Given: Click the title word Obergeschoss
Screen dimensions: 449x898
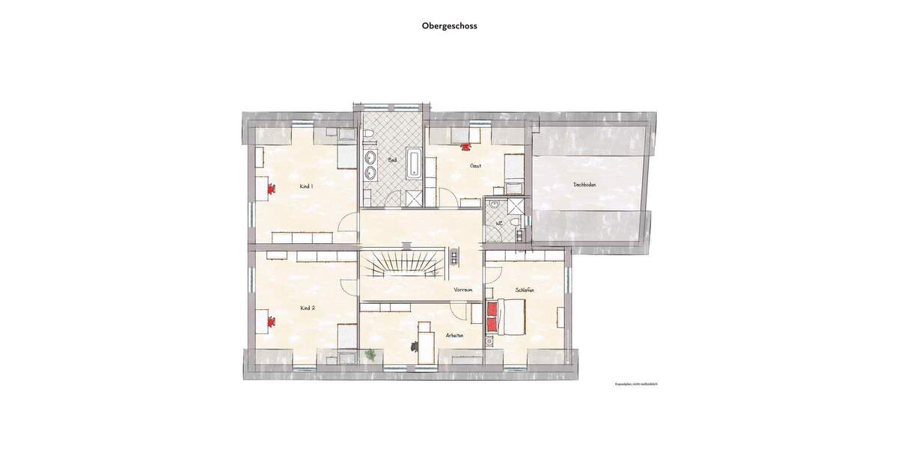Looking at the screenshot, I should pyautogui.click(x=449, y=25).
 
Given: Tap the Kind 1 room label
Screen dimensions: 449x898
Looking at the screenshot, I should pyautogui.click(x=305, y=186).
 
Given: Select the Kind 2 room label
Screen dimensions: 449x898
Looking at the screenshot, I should pyautogui.click(x=307, y=308).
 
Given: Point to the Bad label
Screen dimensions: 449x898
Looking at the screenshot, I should pyautogui.click(x=392, y=160).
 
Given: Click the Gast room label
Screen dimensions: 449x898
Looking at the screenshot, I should pyautogui.click(x=475, y=166).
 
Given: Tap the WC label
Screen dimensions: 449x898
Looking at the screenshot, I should pyautogui.click(x=498, y=222).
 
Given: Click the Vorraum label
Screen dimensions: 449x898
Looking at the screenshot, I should pyautogui.click(x=463, y=290).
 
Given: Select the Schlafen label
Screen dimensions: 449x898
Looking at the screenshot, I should pyautogui.click(x=525, y=290).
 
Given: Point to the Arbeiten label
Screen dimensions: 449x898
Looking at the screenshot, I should pyautogui.click(x=454, y=336).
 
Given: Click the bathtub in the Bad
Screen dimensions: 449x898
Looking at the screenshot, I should pyautogui.click(x=414, y=162).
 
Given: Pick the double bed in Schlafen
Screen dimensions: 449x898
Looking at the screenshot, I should pyautogui.click(x=507, y=317).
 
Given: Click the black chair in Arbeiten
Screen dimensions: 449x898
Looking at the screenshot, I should pyautogui.click(x=414, y=346).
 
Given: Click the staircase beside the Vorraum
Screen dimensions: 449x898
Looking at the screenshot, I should pyautogui.click(x=403, y=265).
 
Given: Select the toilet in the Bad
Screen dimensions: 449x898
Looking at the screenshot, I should pyautogui.click(x=370, y=135).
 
